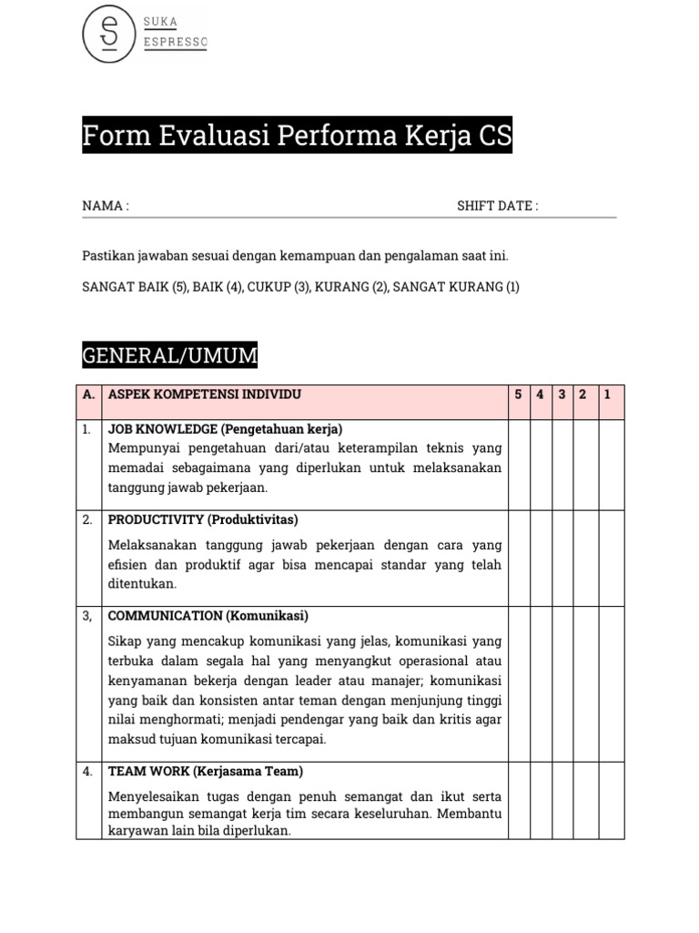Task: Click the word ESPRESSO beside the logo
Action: pyautogui.click(x=176, y=43)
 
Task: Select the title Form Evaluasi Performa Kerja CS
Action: pyautogui.click(x=297, y=137)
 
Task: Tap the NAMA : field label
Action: pyautogui.click(x=106, y=206)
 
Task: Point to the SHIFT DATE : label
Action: pyautogui.click(x=497, y=206)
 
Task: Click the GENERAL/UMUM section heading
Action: pyautogui.click(x=170, y=355)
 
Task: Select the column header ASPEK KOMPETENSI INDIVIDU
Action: pyautogui.click(x=205, y=395)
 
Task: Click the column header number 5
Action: pyautogui.click(x=519, y=395)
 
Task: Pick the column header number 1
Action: pyautogui.click(x=607, y=395)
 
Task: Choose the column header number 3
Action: pyautogui.click(x=562, y=395)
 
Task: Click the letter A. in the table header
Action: pyautogui.click(x=88, y=395)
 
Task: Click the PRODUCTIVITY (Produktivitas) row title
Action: pyautogui.click(x=203, y=519)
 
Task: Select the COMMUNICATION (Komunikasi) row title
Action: pyautogui.click(x=208, y=615)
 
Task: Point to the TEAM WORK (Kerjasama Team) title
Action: pyautogui.click(x=206, y=771)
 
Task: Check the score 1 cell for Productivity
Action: pyautogui.click(x=611, y=559)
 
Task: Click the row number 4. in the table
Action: pyautogui.click(x=87, y=771)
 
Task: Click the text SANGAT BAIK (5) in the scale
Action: pyautogui.click(x=135, y=287)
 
